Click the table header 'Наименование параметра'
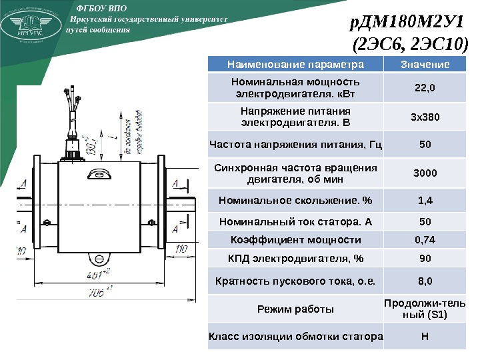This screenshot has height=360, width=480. [295, 65]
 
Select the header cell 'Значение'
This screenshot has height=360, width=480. [425, 65]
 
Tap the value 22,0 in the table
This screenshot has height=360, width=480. [425, 87]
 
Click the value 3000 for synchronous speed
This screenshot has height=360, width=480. [425, 173]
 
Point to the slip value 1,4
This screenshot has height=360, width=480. [425, 200]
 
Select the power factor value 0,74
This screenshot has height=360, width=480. [425, 240]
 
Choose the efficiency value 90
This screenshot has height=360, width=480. [425, 259]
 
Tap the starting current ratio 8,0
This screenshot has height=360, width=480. [425, 281]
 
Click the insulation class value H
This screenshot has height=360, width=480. [425, 335]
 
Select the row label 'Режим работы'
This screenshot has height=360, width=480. [295, 309]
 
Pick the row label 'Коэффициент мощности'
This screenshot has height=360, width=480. [295, 240]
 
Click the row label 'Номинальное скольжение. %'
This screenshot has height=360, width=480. [295, 200]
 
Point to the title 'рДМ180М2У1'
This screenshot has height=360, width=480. [407, 25]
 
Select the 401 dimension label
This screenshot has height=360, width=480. [98, 273]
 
